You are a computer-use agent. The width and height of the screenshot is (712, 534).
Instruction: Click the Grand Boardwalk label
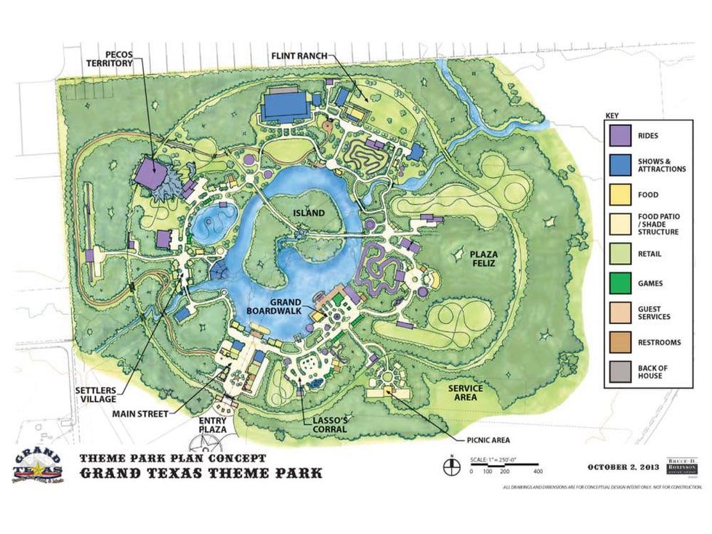290,307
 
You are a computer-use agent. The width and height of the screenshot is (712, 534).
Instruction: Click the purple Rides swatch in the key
619,134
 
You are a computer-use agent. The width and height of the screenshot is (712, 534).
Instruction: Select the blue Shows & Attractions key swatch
619,164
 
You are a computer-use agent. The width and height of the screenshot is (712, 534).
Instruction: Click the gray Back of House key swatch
619,372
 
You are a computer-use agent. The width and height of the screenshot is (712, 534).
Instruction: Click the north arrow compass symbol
451,463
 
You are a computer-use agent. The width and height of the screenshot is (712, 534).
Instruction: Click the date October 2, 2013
622,466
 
